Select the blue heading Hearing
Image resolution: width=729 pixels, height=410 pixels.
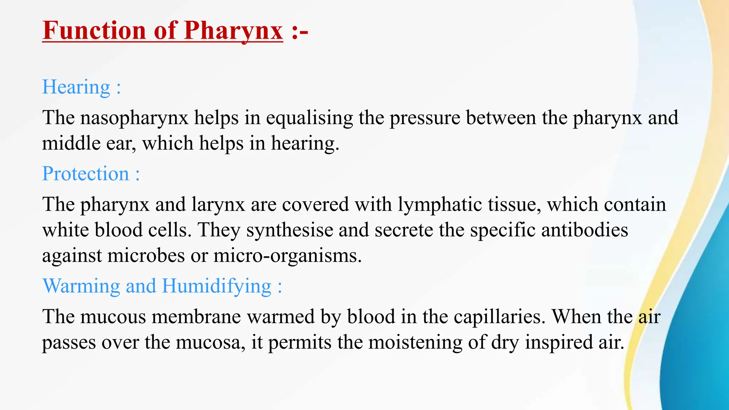76,87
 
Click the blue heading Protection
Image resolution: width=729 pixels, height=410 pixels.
85,174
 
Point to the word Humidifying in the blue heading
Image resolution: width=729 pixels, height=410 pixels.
217,286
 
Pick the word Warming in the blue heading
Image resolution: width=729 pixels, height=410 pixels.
81,286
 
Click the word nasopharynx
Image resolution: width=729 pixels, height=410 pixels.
134,118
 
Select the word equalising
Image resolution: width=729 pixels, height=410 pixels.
309,118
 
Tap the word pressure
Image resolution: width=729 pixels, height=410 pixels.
425,118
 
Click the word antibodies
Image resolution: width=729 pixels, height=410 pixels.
584,230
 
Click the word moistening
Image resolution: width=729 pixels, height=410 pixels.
415,342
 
